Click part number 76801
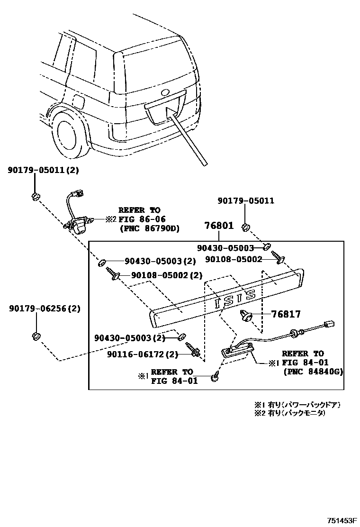218,226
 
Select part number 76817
286,314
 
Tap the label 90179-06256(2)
44,309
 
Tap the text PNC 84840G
313,372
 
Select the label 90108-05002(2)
166,275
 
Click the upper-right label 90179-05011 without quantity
246,201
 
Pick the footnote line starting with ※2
290,413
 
